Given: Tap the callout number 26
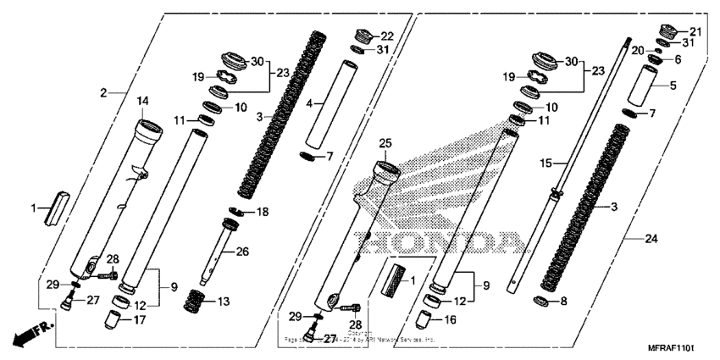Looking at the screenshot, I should pos(242,252).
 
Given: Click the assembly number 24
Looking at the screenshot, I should pos(651,240).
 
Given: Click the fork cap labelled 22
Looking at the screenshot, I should pos(363,36).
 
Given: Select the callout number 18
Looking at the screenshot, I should pos(263,211).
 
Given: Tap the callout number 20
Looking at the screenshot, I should pos(640,51).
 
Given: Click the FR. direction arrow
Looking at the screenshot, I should pos(28,334).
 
